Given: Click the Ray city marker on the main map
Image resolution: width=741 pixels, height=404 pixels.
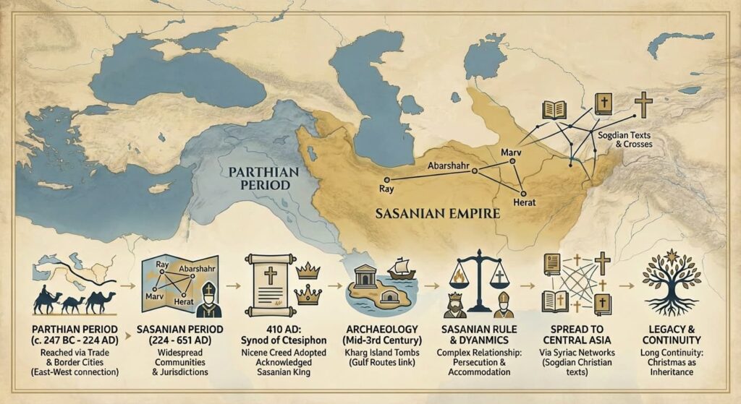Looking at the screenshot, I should coord(387,179).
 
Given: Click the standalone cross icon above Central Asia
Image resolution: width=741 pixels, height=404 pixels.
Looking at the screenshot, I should coord(642,104).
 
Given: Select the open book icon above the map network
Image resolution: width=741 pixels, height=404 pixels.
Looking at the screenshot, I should coord(554,111).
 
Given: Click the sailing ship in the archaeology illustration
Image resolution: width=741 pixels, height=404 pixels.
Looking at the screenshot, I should coord(401,267).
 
